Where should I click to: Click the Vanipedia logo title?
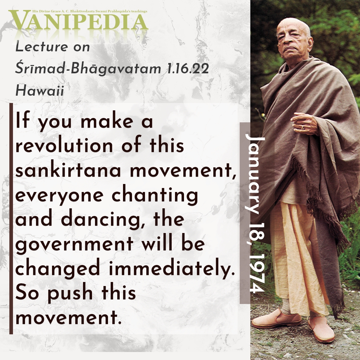pyautogui.click(x=78, y=21)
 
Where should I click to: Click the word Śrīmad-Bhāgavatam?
pyautogui.click(x=88, y=69)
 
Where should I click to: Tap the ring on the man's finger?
pyautogui.click(x=302, y=127)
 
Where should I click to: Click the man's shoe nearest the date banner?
pyautogui.click(x=276, y=319)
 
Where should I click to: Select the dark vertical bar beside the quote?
pyautogui.click(x=11, y=219)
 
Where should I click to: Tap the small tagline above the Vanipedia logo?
pyautogui.click(x=90, y=11)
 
